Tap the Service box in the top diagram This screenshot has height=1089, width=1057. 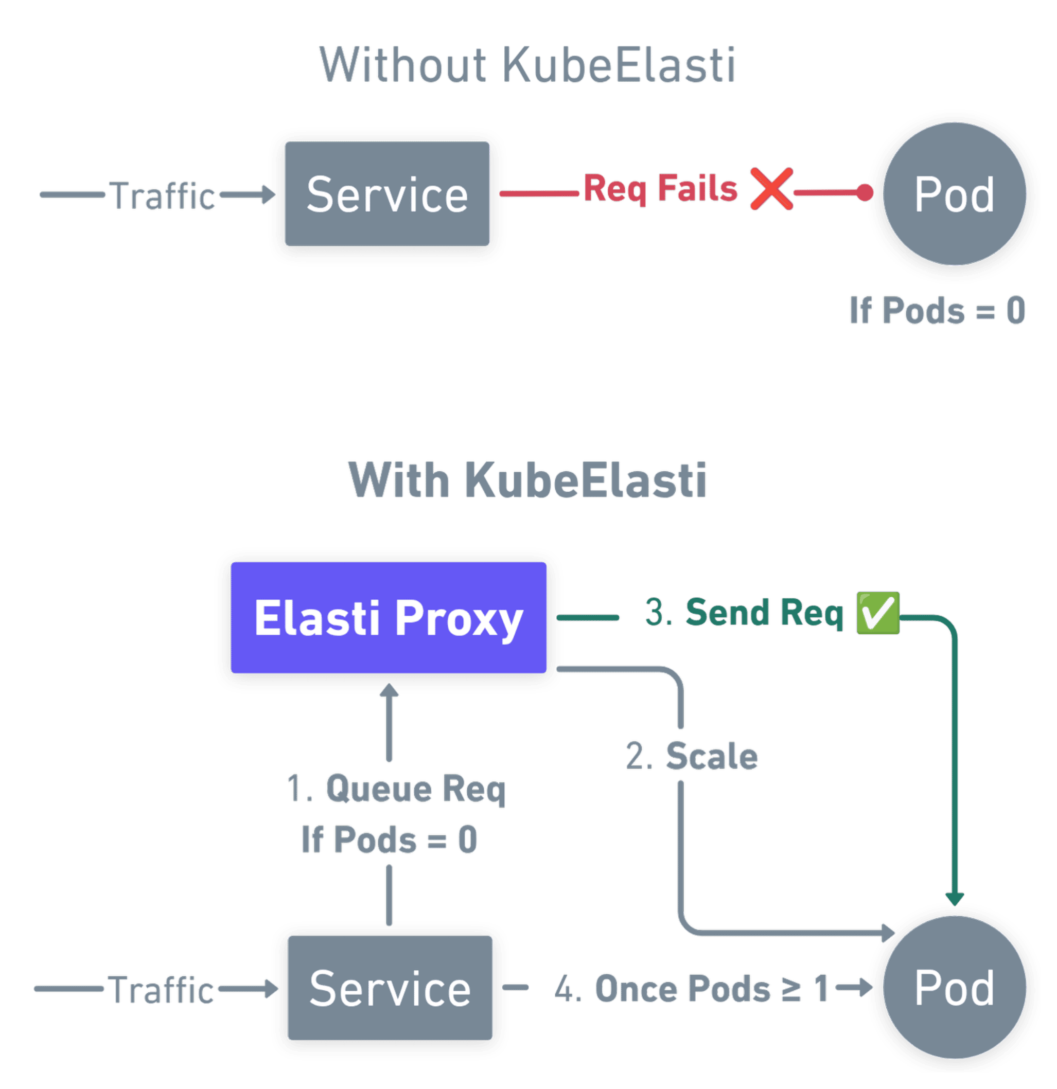point(387,194)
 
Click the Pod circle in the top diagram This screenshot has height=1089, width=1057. point(954,195)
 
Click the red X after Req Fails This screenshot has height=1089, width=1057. point(770,189)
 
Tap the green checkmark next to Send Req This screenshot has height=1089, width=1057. point(877,613)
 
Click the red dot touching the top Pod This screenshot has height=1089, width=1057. point(864,193)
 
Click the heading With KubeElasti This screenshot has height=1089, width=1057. point(527,479)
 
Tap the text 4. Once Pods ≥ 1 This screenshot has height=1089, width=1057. point(691,989)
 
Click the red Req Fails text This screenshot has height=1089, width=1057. point(661,188)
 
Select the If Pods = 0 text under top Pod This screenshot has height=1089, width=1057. point(937,310)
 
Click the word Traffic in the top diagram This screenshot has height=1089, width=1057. point(163,195)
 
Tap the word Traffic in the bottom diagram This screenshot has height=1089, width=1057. point(162,990)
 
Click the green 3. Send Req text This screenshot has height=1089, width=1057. point(744,613)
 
